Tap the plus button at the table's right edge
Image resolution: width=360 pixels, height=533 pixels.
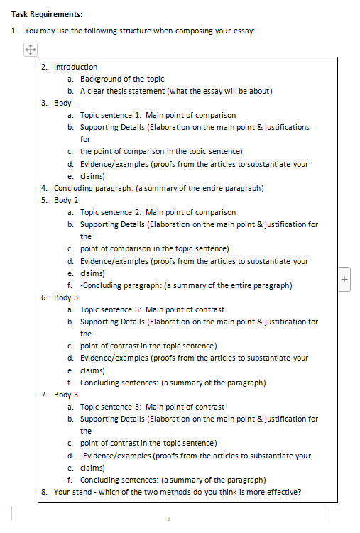[x=345, y=279]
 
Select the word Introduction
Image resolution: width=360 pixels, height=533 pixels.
[x=76, y=67]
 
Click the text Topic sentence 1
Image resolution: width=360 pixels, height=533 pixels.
[x=110, y=115]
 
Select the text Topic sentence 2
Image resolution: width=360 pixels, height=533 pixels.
[x=110, y=212]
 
